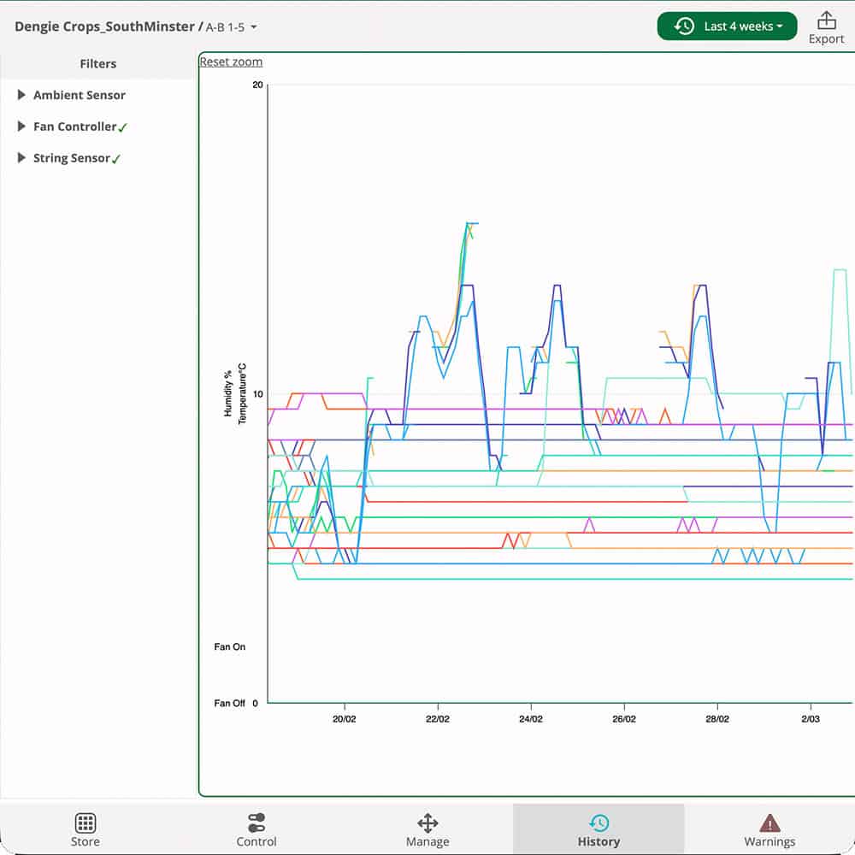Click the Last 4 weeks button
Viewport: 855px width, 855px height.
727,27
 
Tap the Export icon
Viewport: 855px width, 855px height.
826,21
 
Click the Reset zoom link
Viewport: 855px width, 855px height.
231,62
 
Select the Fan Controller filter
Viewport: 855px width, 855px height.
74,127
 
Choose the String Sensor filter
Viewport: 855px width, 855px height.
72,158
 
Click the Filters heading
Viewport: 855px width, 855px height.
98,63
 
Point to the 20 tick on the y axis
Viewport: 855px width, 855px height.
257,85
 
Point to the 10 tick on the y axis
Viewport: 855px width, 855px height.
257,393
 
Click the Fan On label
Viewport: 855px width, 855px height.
229,647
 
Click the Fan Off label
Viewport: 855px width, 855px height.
229,704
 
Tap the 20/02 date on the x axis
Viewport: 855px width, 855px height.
345,719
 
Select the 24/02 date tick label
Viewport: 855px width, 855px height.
531,719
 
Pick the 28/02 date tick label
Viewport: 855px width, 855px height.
717,719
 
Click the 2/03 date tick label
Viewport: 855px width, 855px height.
811,719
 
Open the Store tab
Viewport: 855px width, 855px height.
85,829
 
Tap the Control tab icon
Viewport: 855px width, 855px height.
256,823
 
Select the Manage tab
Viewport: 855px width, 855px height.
427,829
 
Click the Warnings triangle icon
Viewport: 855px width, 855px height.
769,823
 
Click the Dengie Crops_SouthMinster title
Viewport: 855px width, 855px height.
104,27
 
